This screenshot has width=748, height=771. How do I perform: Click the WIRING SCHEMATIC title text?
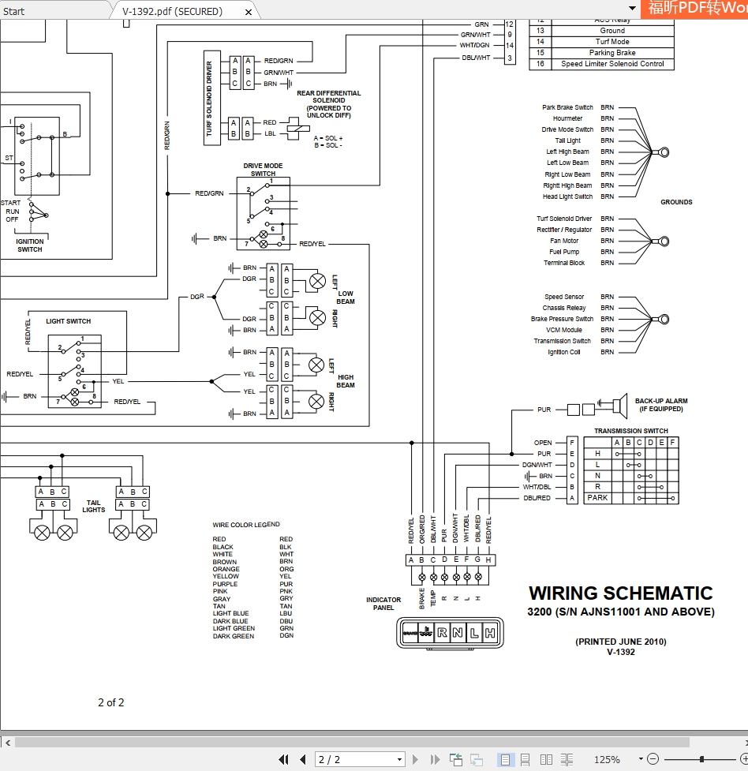tap(620, 593)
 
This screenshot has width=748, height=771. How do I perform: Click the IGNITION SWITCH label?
tap(30, 245)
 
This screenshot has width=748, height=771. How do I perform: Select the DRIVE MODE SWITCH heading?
tap(263, 170)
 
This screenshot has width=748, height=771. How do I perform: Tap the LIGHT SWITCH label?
tap(68, 321)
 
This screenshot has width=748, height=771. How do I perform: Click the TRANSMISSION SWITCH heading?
tap(630, 431)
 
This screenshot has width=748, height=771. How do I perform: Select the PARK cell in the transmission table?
tap(597, 498)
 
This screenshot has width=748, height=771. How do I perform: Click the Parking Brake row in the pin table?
tap(612, 53)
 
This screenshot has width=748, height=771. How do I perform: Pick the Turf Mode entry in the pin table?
tap(612, 42)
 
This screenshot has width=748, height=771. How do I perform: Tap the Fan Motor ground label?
tap(564, 241)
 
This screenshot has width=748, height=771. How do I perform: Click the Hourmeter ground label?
tap(567, 118)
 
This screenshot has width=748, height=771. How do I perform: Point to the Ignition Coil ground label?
tap(563, 352)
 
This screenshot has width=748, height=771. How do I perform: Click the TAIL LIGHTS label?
tap(94, 506)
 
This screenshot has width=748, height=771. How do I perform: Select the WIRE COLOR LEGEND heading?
tap(246, 525)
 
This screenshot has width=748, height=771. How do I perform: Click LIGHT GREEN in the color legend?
tap(234, 628)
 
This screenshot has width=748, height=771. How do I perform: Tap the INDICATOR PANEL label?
tap(383, 604)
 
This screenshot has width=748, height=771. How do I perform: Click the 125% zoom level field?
tap(607, 759)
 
